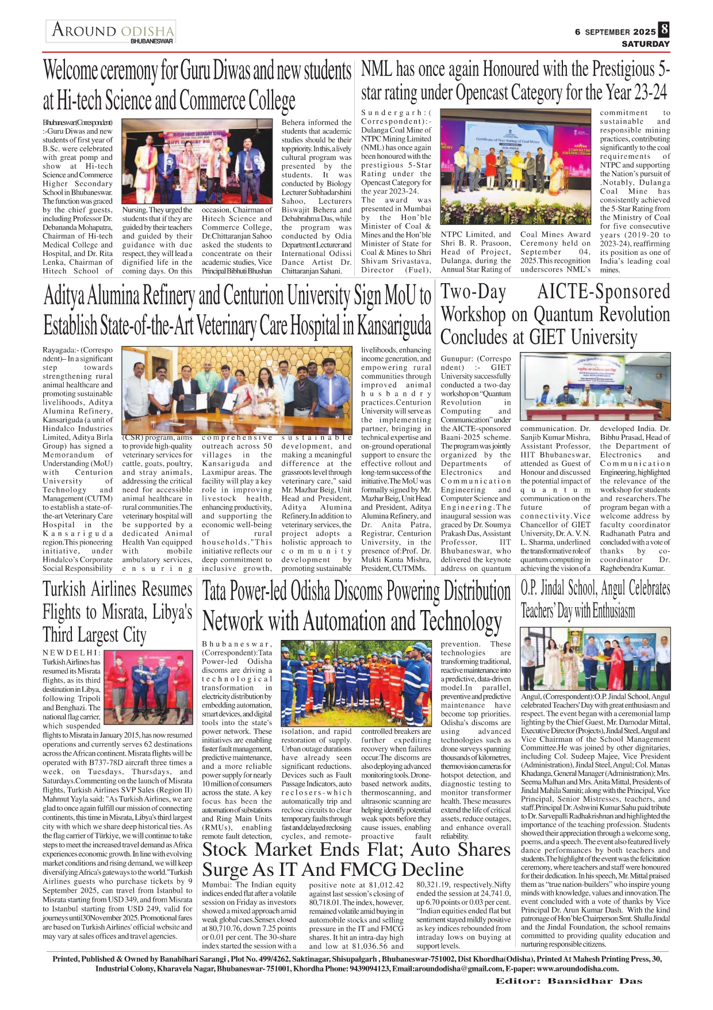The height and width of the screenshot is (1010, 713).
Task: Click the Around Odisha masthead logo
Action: (x=112, y=32)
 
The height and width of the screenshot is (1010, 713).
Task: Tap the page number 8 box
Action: (x=664, y=29)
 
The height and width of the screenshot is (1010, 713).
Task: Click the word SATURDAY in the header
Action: (x=645, y=44)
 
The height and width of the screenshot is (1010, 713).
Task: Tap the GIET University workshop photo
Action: (x=595, y=386)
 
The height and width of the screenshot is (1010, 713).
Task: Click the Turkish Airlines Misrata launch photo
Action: (x=148, y=686)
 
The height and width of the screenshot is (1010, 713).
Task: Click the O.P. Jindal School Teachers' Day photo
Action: (x=595, y=658)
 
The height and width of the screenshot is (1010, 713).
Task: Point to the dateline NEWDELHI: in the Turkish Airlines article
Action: (x=71, y=653)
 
